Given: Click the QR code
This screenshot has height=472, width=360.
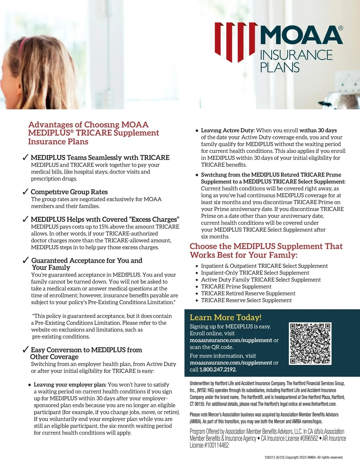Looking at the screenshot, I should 310,343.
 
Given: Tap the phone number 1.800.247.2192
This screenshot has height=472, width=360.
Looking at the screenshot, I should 218,370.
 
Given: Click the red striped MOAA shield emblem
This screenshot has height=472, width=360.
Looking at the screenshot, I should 236,42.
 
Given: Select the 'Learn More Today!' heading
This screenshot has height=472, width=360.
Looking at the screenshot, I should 226,317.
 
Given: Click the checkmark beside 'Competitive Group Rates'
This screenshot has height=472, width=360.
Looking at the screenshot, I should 25,191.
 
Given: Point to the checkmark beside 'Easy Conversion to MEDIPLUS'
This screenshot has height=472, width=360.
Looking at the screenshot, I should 25,349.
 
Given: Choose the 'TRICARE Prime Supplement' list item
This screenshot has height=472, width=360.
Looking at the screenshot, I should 236,286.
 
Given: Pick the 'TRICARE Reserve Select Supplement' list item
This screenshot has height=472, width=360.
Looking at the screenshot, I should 246,300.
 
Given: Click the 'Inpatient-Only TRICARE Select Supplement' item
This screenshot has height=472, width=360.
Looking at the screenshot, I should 255,273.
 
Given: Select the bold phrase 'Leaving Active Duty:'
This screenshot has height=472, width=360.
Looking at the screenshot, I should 228,130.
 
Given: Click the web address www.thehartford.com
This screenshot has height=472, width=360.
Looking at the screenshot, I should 319,404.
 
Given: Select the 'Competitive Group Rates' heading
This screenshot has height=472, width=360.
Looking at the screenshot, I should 69,192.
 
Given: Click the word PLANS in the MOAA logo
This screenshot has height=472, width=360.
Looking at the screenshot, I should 280,67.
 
